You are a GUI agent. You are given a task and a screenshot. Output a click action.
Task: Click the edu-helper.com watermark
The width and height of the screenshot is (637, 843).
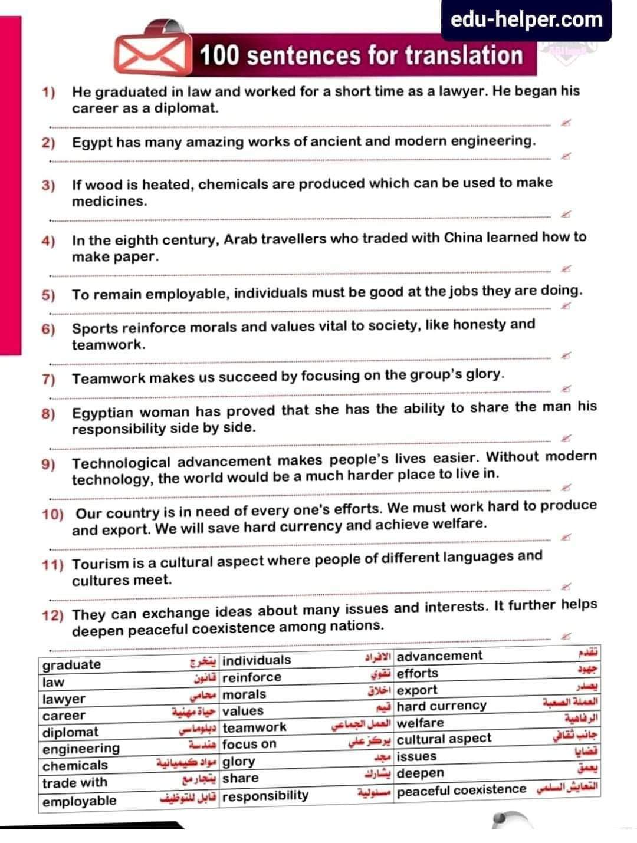click(x=526, y=19)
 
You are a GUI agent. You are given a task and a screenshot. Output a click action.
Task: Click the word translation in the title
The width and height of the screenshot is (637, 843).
click(x=464, y=55)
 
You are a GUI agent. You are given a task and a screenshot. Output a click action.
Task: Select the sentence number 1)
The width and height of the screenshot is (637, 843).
click(x=48, y=92)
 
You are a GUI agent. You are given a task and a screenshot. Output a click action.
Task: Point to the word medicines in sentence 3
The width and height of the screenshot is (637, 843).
click(x=109, y=201)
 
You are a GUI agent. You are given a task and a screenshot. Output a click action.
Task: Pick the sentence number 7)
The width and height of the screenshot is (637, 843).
click(x=48, y=379)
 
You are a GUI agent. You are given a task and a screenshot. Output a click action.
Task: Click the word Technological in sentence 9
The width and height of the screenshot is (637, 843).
click(x=121, y=463)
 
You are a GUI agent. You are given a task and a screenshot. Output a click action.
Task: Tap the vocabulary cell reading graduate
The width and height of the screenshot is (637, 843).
click(x=72, y=664)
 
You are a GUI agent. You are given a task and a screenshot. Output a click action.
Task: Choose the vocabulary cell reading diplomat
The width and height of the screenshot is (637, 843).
click(x=71, y=732)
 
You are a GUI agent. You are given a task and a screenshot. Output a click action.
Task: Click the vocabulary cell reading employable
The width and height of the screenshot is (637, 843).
click(x=80, y=801)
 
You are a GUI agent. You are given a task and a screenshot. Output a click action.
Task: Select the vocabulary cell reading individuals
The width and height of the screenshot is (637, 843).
click(x=257, y=660)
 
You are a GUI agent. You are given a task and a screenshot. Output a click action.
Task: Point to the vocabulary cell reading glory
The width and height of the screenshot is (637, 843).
click(x=239, y=761)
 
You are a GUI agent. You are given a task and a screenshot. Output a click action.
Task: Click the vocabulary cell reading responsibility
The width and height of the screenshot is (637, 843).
click(x=265, y=796)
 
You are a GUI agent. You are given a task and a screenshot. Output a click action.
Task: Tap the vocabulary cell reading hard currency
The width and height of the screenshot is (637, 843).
click(x=442, y=706)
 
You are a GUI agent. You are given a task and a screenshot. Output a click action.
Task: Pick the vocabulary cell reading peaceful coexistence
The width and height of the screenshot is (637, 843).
click(x=461, y=790)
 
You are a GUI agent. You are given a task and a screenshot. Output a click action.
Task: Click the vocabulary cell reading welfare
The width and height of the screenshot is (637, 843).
click(x=420, y=723)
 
